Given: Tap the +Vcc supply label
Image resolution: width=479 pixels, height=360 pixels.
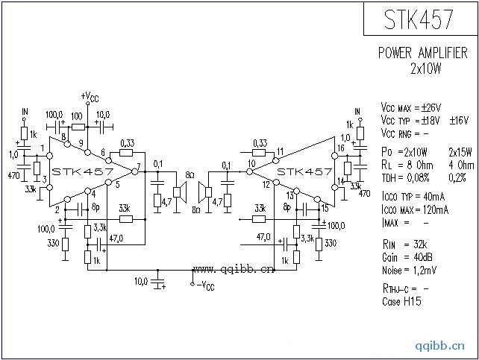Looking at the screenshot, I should tap(89, 97).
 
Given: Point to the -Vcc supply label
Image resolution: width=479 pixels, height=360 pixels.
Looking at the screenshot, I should tap(204, 285).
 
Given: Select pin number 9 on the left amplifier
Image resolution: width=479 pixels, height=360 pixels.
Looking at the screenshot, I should tap(80, 133).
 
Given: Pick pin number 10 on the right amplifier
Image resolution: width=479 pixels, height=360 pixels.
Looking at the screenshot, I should tap(251, 163).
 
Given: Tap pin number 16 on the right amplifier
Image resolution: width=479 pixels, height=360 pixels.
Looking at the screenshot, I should tap(340, 149).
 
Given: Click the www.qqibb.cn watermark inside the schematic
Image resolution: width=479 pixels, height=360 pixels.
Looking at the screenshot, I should tap(234, 269).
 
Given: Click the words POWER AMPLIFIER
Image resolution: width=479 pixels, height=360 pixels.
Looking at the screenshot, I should tap(422, 53).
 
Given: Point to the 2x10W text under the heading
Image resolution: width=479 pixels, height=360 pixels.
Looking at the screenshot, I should tap(426, 69).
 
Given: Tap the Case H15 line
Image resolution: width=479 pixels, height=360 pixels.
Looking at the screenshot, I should tap(401, 300).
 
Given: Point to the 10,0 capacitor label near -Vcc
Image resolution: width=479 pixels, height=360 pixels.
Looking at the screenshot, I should tap(140, 282).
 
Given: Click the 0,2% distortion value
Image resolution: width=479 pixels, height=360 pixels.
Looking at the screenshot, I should tap(457, 177).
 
